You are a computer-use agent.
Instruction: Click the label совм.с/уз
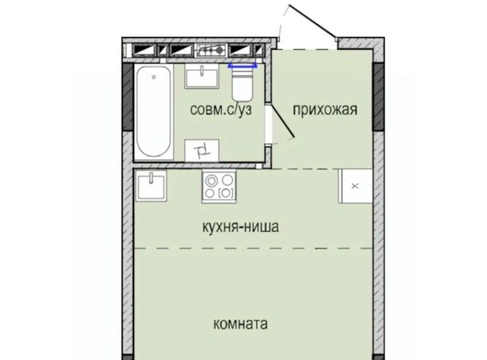(221, 110)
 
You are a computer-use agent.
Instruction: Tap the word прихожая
(325, 110)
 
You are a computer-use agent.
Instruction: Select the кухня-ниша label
(240, 227)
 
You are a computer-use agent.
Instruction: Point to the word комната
(240, 324)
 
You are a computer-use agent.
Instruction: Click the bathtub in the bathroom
(154, 112)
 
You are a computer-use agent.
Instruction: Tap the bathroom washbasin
(202, 76)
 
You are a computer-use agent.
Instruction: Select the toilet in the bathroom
(242, 84)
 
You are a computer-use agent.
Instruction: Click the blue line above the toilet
(243, 65)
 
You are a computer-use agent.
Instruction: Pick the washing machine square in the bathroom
(202, 151)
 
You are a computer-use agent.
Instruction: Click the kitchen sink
(151, 186)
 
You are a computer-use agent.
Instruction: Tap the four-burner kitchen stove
(219, 186)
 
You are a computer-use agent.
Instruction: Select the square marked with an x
(355, 186)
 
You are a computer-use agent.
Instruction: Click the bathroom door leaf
(282, 120)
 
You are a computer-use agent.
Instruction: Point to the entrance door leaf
(312, 21)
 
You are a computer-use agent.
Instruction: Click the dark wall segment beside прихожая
(378, 97)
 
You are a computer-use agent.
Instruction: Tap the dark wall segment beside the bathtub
(128, 97)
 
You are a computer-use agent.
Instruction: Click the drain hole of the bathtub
(154, 77)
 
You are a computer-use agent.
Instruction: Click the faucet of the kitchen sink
(151, 177)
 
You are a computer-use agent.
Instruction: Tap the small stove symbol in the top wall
(211, 49)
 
